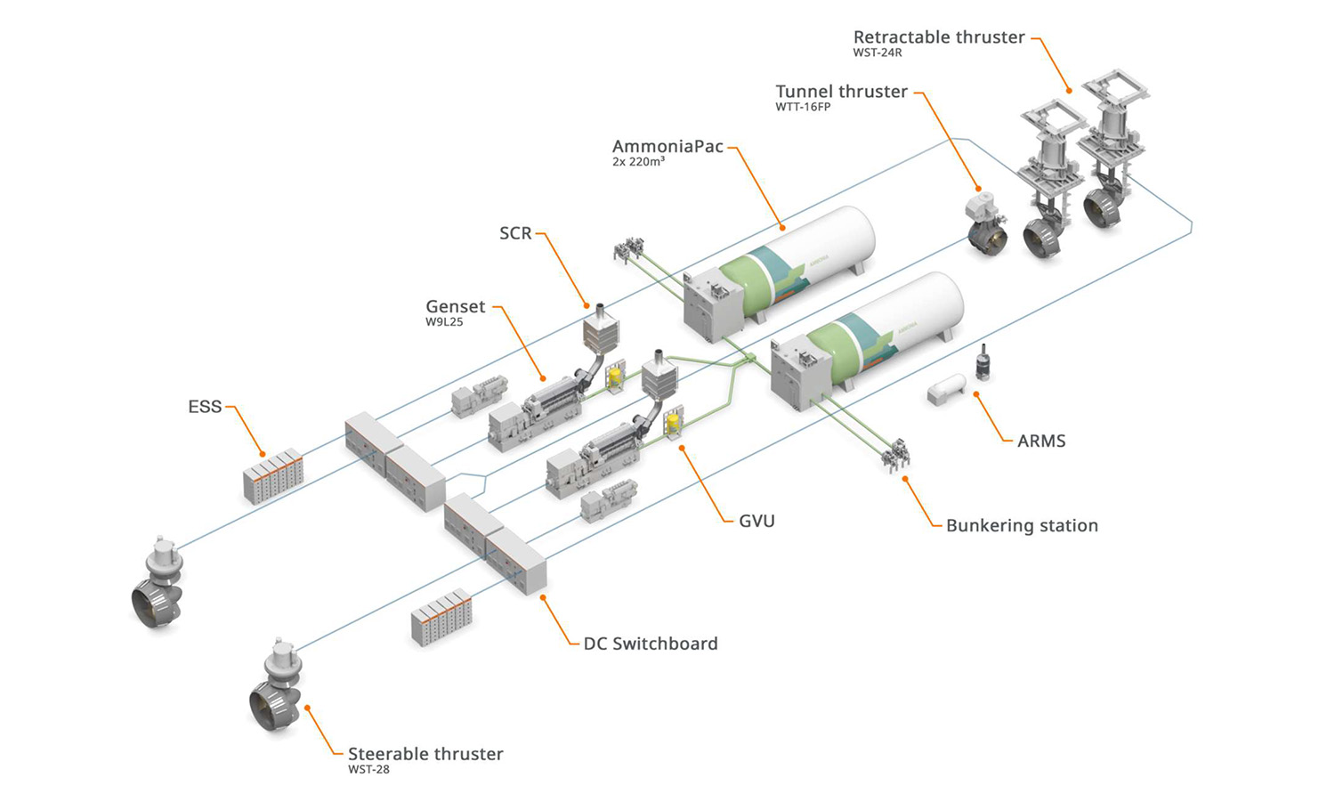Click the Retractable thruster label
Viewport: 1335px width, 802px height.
pyautogui.click(x=938, y=37)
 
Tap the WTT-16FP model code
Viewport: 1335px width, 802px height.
pyautogui.click(x=802, y=107)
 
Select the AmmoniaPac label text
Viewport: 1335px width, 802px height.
pyautogui.click(x=667, y=147)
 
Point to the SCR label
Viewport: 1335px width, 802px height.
pyautogui.click(x=515, y=233)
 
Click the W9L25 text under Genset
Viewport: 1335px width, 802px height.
pyautogui.click(x=444, y=322)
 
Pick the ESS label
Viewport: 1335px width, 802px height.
pyautogui.click(x=205, y=407)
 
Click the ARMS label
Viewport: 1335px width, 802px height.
pyautogui.click(x=1040, y=441)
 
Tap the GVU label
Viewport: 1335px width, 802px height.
pyautogui.click(x=756, y=521)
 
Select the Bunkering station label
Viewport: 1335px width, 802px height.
pyautogui.click(x=1022, y=525)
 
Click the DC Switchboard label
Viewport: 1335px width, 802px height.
pyautogui.click(x=650, y=644)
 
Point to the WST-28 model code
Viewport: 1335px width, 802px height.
pyautogui.click(x=368, y=769)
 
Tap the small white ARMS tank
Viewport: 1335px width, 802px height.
pyautogui.click(x=946, y=389)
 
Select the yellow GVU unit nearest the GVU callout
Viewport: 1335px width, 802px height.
pyautogui.click(x=675, y=424)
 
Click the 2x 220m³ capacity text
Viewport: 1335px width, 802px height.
pyautogui.click(x=638, y=162)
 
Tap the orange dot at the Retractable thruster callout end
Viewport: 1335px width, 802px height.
pyautogui.click(x=1069, y=90)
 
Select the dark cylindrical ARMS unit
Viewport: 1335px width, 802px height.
pyautogui.click(x=983, y=363)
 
